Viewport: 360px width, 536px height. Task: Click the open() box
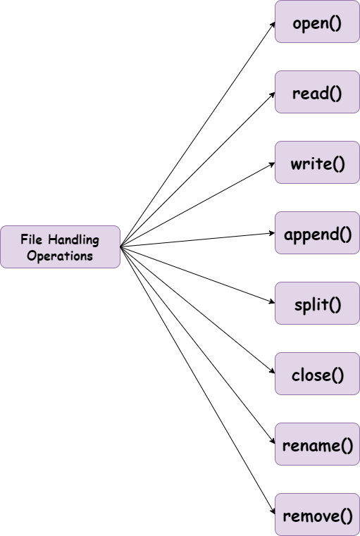tap(317, 22)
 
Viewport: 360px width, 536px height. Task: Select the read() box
tap(317, 92)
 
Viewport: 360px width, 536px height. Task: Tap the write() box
tap(317, 163)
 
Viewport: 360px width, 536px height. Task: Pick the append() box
tap(317, 233)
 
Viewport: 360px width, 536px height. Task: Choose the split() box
tap(317, 304)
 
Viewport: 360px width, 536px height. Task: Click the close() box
tap(317, 374)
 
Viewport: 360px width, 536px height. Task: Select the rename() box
tap(317, 444)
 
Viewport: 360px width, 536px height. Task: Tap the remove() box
tap(317, 515)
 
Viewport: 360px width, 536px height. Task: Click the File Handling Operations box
tap(60, 247)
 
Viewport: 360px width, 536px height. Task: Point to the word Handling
tap(73, 239)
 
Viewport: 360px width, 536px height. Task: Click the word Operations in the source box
tap(60, 255)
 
